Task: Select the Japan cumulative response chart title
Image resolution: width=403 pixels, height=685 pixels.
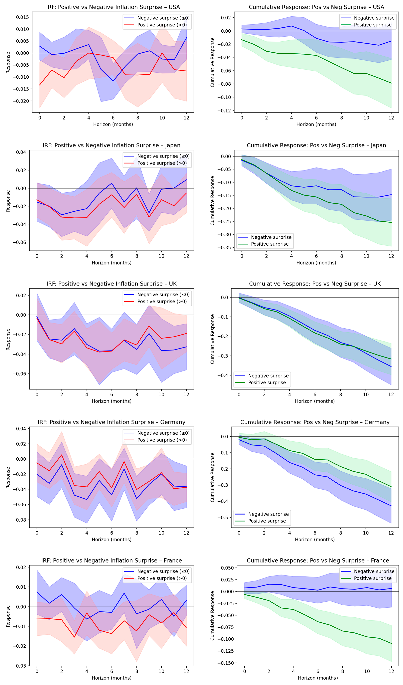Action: pos(316,145)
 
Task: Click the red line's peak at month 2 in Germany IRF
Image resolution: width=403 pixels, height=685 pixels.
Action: pos(62,455)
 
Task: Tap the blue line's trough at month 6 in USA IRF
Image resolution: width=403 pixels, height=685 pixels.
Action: pos(113,81)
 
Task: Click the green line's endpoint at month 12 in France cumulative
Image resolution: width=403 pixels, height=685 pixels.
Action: pos(391,643)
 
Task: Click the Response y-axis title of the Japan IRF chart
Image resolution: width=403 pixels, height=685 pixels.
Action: pos(8,201)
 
